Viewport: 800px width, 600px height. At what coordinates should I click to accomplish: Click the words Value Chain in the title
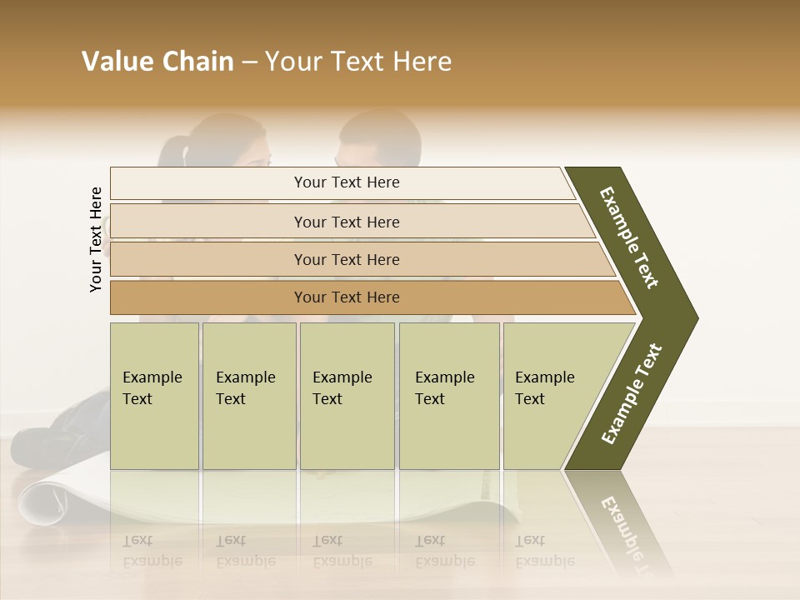coord(157,62)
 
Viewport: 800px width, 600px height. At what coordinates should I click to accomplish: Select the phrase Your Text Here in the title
coord(358,62)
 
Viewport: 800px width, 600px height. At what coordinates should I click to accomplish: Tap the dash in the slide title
coord(249,62)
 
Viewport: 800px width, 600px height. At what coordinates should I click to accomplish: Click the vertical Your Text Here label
coord(96,239)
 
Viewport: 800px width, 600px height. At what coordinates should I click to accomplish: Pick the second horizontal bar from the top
coord(347,222)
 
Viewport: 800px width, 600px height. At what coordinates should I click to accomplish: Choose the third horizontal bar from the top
coord(347,259)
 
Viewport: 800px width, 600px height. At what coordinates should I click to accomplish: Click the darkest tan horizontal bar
coord(347,297)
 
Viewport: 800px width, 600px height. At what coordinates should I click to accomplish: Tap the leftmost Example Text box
coord(154,396)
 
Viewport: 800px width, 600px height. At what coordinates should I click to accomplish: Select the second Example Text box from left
coord(248,396)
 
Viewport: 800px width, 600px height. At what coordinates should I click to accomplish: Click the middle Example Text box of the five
coord(347,396)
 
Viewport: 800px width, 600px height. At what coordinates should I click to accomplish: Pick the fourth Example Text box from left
coord(448,396)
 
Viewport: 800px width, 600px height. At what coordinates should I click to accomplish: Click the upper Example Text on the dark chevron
coord(629,237)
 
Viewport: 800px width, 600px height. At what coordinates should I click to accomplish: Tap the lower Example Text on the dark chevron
coord(632,393)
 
